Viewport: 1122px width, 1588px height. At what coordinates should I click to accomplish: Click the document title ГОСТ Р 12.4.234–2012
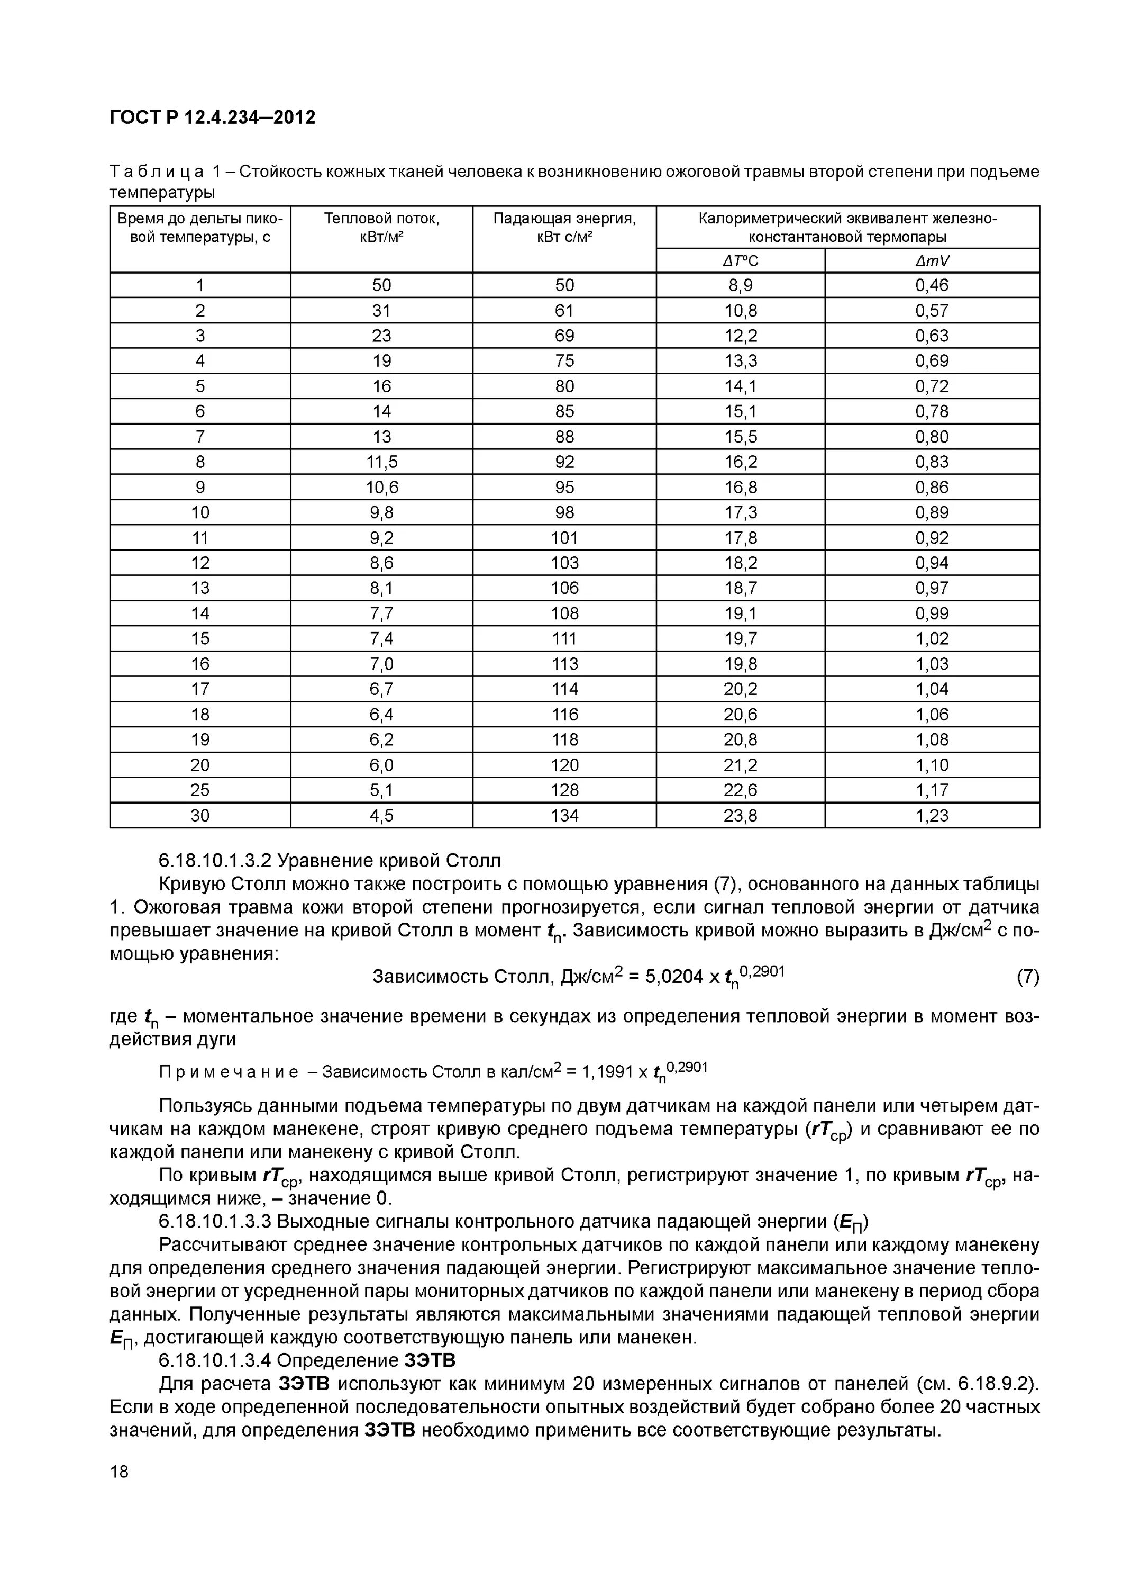212,118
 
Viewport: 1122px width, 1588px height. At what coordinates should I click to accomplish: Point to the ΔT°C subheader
741,261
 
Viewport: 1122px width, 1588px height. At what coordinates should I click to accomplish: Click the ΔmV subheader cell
932,261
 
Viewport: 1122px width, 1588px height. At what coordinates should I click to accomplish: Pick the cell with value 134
564,816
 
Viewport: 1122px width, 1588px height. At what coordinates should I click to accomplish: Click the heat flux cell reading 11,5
381,462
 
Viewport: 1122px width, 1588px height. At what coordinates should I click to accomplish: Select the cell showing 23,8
741,816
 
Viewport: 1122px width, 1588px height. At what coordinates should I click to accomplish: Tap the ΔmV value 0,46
932,285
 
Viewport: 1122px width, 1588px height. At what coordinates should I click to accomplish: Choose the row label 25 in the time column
200,790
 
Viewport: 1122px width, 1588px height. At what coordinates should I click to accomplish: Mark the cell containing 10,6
381,487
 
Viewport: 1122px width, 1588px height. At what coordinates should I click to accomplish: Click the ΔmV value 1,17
932,790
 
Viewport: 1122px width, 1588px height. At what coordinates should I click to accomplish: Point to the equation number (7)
1027,977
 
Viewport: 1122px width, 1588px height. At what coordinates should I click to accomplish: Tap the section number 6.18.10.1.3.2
215,861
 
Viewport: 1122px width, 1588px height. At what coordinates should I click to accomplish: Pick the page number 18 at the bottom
119,1472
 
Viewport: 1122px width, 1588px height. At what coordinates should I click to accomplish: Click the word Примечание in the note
229,1072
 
